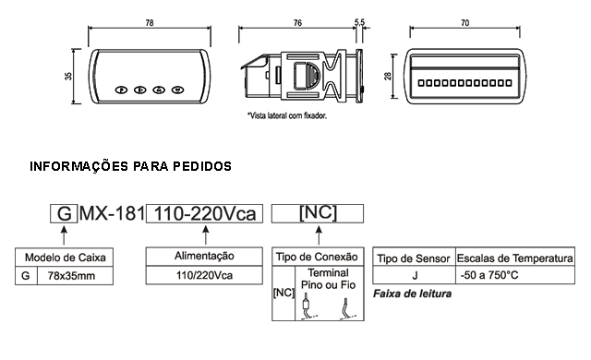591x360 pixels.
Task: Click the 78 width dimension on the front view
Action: tap(150, 23)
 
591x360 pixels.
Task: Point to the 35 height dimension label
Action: tap(68, 76)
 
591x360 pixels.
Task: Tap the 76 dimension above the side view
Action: tap(297, 23)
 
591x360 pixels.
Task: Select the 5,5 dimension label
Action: tap(359, 22)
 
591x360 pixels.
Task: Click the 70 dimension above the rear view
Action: tap(465, 23)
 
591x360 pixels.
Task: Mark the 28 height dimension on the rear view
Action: tap(388, 76)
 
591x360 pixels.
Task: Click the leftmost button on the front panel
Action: tap(121, 90)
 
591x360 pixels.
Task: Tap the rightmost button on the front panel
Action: tap(177, 90)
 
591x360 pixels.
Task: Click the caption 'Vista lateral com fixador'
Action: tap(287, 115)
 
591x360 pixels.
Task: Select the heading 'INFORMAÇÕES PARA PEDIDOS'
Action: tap(130, 166)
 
